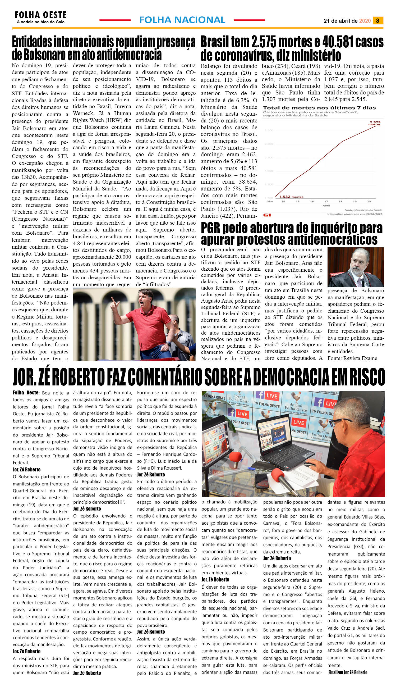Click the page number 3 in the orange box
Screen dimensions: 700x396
(377, 20)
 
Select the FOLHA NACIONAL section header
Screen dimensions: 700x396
(182, 20)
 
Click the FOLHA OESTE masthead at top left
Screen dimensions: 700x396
(40, 15)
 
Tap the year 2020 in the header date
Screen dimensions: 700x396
(365, 21)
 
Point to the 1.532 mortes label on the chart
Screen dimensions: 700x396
(291, 197)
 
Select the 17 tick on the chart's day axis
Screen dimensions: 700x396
(326, 201)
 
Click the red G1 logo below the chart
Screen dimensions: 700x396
(267, 215)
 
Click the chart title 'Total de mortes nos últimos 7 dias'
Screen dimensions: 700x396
(319, 108)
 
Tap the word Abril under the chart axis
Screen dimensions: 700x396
(326, 206)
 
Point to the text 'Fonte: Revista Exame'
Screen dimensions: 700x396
(352, 358)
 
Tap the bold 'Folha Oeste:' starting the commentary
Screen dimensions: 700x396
(26, 393)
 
